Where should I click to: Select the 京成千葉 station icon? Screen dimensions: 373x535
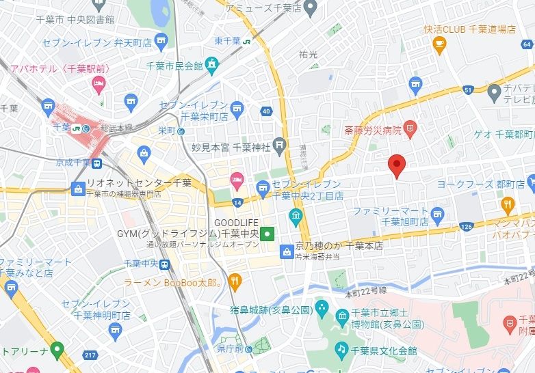click(x=97, y=163)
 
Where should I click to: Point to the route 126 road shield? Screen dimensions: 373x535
click(x=467, y=226)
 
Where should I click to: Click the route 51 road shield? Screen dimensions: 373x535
click(x=468, y=89)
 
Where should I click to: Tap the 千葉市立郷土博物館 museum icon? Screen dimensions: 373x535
click(x=342, y=314)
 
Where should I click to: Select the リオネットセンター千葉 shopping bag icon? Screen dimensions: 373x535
click(x=78, y=187)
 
